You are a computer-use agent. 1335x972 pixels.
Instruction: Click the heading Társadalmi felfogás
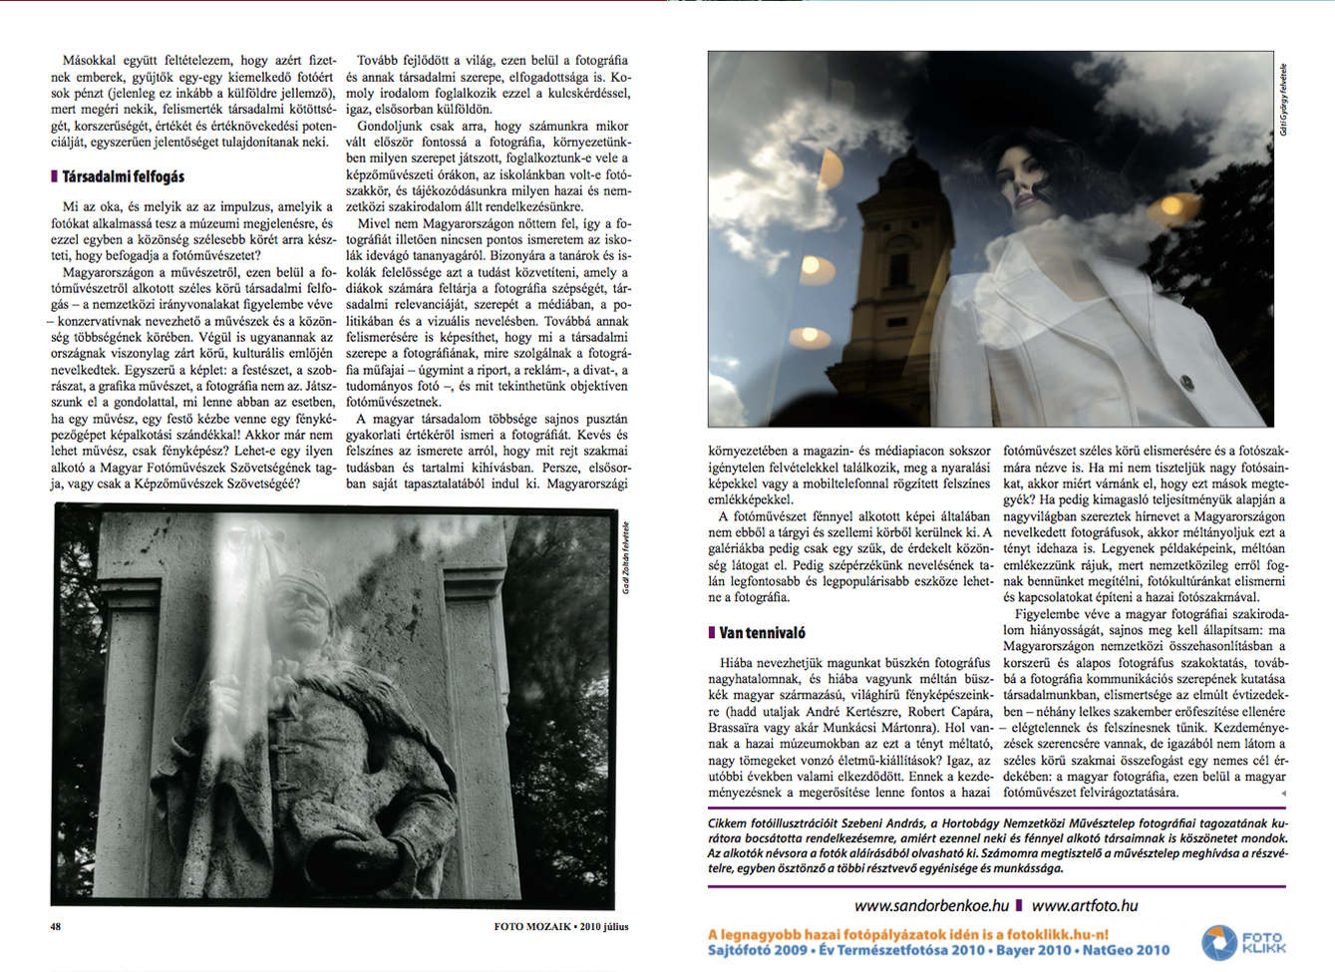tap(123, 176)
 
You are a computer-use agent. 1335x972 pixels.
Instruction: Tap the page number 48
tap(56, 926)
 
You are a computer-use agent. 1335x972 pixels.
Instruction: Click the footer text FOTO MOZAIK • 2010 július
tap(560, 926)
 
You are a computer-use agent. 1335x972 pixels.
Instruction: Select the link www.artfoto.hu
tap(1084, 906)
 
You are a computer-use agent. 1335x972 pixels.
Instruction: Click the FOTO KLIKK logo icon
tap(1218, 942)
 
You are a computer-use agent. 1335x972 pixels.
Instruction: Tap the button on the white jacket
tap(1186, 382)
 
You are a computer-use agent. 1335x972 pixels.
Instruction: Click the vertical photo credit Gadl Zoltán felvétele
tap(626, 558)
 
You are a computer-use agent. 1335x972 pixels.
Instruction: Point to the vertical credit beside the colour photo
tap(1283, 100)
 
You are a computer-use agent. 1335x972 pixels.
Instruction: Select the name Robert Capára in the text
tap(951, 712)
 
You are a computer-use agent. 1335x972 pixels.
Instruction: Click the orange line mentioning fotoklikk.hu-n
tap(907, 934)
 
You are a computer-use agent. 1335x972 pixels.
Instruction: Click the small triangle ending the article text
tap(1283, 794)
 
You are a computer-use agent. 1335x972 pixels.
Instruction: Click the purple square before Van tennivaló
tap(712, 633)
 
